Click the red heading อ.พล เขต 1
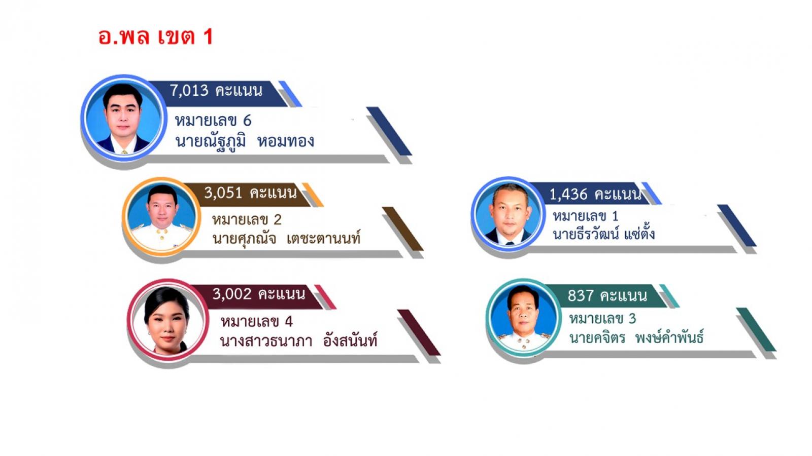pos(155,37)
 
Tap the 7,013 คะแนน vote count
pos(216,91)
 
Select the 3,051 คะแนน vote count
pos(251,193)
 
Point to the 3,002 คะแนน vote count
pos(259,294)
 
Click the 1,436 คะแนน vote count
pos(596,195)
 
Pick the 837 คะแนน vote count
pos(607,296)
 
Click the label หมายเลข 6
pos(213,121)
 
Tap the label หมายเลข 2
pos(247,220)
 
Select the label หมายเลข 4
pos(257,321)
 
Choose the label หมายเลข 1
pos(586,216)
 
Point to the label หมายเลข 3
pos(602,319)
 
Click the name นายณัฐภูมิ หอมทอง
pos(245,141)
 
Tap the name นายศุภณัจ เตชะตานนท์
pos(286,239)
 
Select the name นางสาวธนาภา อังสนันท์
pos(299,340)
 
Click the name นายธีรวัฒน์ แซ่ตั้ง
pos(603,234)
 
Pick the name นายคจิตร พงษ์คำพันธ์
pos(636,337)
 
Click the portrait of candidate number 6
pos(124,119)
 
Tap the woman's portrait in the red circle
pos(168,320)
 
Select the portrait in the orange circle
pos(161,217)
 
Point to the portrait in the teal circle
pos(523,317)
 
